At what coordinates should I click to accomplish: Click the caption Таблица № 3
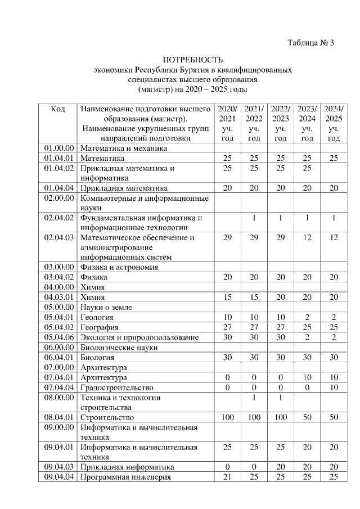tap(310, 43)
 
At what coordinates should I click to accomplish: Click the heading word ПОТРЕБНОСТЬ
tap(193, 60)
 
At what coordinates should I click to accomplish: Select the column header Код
tap(58, 109)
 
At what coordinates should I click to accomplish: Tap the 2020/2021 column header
tap(227, 123)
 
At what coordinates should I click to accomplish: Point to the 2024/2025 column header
tap(334, 123)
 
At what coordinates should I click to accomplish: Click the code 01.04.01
tap(59, 158)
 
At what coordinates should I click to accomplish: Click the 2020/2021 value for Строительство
tap(227, 417)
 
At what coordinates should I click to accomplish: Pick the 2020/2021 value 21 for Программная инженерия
tap(227, 478)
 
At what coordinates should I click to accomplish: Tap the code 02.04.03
tap(59, 237)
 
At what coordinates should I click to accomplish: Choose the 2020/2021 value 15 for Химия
tap(227, 297)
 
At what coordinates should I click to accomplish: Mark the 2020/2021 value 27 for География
tap(227, 327)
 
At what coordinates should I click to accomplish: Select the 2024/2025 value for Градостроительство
tap(334, 388)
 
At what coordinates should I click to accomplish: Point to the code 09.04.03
tap(59, 467)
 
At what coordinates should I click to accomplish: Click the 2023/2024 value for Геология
tap(307, 317)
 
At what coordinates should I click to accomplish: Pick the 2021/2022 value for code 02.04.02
tap(254, 218)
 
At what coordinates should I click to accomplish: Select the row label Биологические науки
tap(119, 348)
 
